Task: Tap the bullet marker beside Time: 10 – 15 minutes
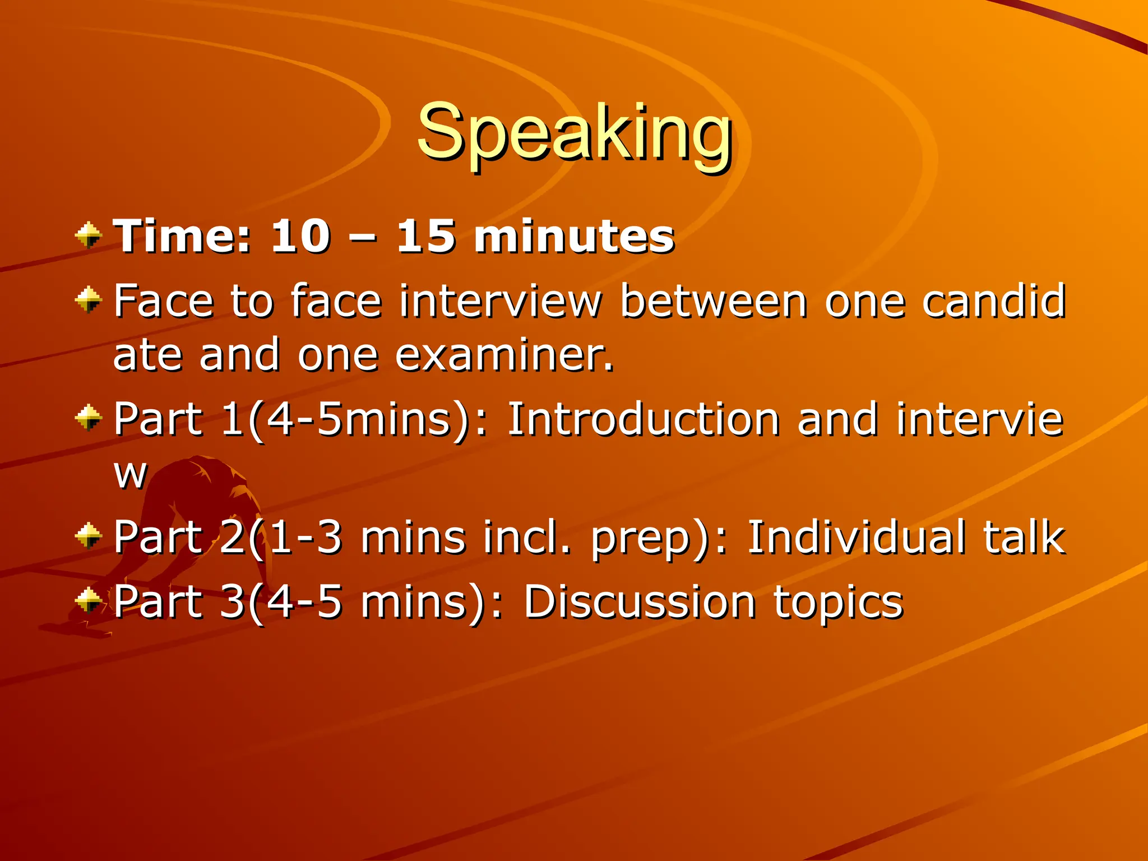pos(88,235)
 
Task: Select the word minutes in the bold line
pos(574,236)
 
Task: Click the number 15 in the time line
pos(425,236)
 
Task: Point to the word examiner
pos(504,355)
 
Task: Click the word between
pos(714,301)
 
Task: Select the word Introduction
pos(644,419)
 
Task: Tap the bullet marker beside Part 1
pos(88,418)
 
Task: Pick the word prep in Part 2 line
pos(639,539)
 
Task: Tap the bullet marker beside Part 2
pos(88,535)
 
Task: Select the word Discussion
pos(640,601)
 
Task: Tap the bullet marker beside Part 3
pos(88,600)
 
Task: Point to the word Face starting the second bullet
pos(163,301)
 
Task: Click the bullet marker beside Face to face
pos(88,299)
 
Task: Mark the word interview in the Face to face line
pos(500,301)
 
